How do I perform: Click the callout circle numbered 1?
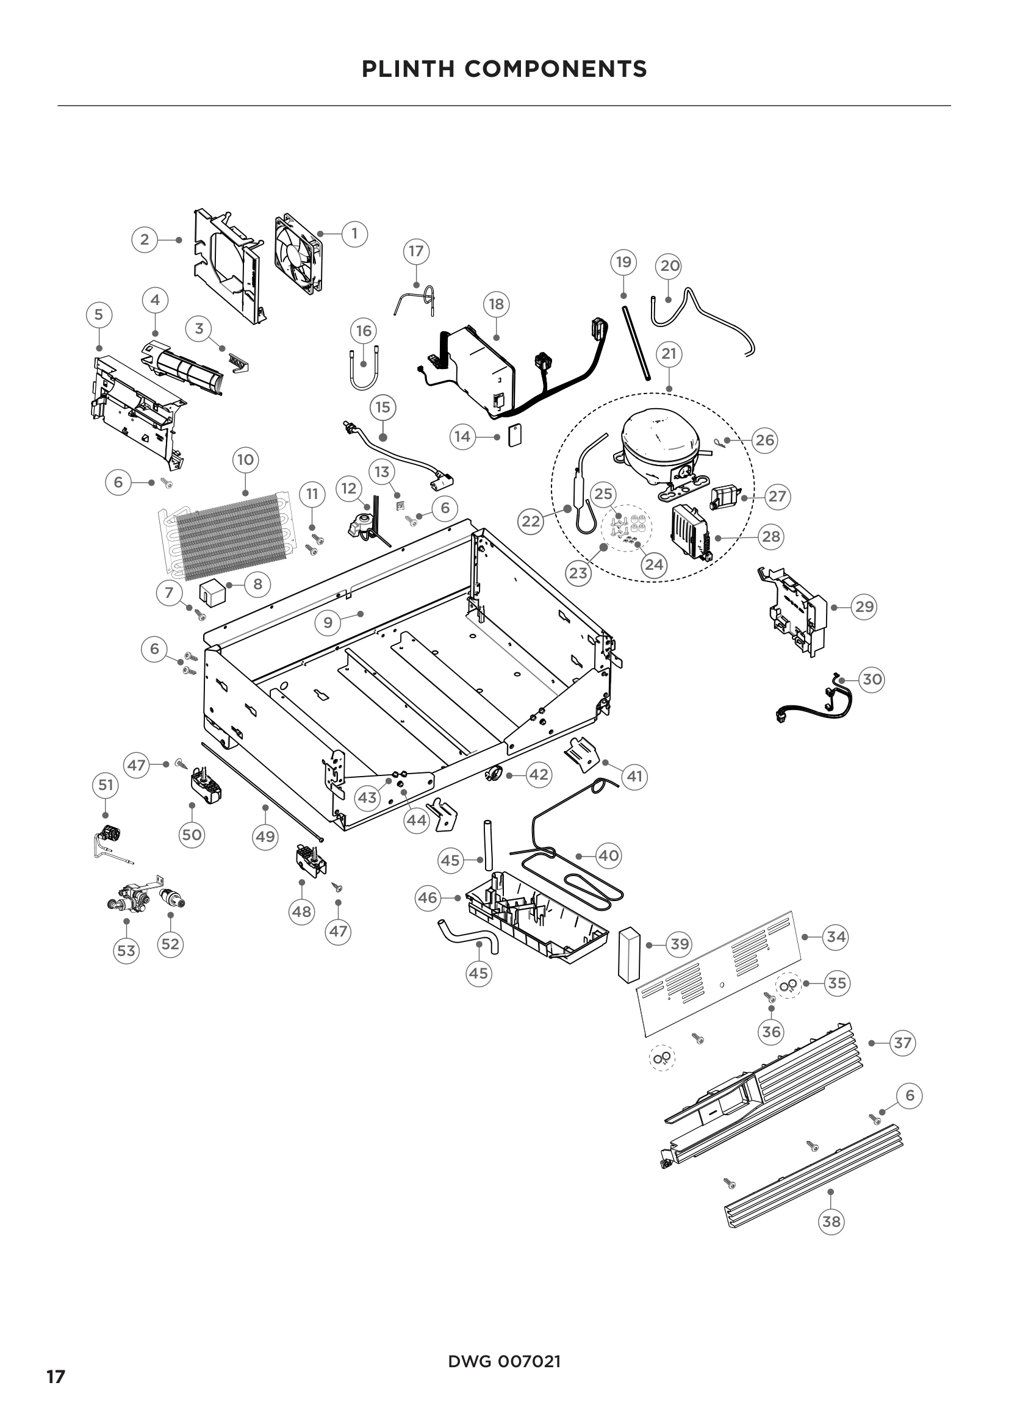pos(355,234)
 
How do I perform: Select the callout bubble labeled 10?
pos(245,460)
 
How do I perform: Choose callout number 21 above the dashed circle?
pos(669,354)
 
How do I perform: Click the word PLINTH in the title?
pos(408,69)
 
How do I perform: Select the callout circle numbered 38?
pos(831,1222)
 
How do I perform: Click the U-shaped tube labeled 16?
pos(364,371)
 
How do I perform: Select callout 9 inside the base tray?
pos(328,622)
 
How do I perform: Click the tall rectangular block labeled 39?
pos(629,955)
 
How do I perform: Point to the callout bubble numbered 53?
pos(126,951)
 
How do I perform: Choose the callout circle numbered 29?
pos(864,606)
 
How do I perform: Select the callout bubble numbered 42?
pos(538,774)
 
